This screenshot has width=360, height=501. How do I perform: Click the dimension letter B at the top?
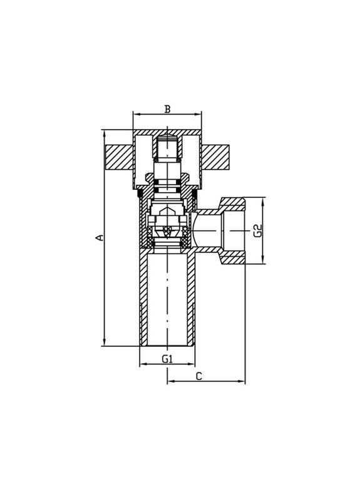coord(167,108)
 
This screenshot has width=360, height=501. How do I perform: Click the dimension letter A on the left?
coord(98,237)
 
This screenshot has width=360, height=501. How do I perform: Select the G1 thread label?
coord(167,358)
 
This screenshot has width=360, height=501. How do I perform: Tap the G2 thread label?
coord(257,230)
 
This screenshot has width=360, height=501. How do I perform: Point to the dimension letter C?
coord(198,376)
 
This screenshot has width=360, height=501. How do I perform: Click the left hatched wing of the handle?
coord(118,157)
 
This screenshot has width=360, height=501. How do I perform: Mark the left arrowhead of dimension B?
coord(135,114)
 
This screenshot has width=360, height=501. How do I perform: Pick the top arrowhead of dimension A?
coord(105,133)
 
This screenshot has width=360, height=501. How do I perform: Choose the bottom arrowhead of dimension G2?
coord(263,262)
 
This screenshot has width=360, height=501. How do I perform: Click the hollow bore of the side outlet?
coord(210,230)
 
